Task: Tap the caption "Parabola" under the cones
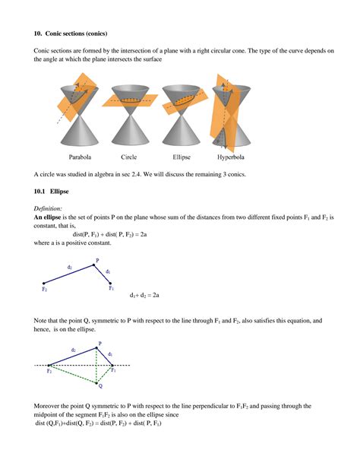(81, 157)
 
